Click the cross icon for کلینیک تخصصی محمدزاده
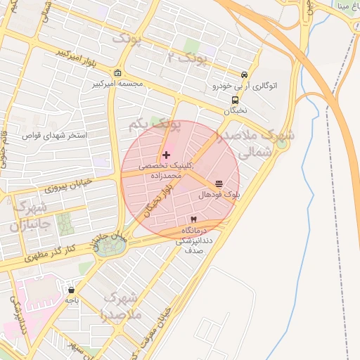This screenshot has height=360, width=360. [x=166, y=155]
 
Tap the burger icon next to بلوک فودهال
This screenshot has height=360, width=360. [x=219, y=184]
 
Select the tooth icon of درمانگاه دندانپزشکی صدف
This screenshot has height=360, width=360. [x=193, y=219]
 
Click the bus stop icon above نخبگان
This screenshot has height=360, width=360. [x=235, y=100]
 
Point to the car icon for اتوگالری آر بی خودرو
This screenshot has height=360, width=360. [x=243, y=75]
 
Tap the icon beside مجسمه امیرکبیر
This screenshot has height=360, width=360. [x=117, y=73]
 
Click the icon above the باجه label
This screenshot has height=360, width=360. [x=71, y=289]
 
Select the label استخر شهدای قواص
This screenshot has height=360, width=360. [x=55, y=134]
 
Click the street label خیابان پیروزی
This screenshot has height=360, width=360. [x=63, y=188]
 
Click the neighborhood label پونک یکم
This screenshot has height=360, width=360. [x=155, y=124]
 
